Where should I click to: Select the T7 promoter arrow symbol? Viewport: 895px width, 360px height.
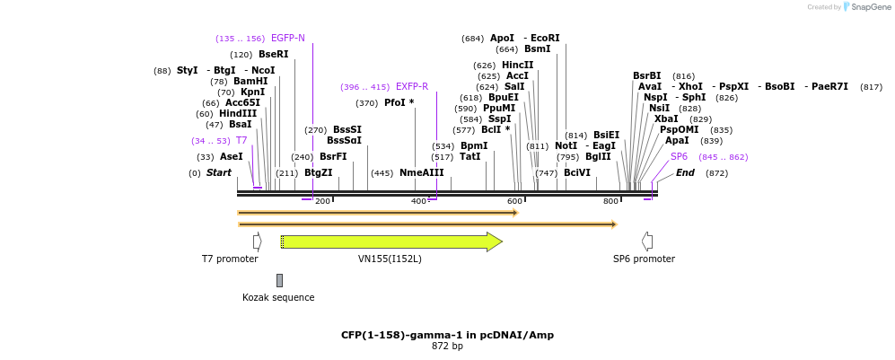click(x=257, y=241)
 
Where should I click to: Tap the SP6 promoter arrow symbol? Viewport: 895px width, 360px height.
click(x=646, y=241)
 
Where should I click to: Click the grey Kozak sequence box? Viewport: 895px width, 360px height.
click(x=279, y=280)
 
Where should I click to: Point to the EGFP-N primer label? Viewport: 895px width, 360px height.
click(x=287, y=39)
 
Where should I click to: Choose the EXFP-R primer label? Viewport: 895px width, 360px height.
click(x=412, y=87)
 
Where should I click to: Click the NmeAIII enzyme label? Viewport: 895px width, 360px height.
click(x=421, y=173)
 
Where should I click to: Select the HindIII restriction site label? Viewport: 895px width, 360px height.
click(x=238, y=114)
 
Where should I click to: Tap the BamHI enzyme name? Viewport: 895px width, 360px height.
click(x=250, y=82)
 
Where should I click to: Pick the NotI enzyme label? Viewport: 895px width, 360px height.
click(x=566, y=146)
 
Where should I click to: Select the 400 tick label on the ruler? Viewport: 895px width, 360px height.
click(x=418, y=201)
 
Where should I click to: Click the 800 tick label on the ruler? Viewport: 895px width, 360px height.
click(x=610, y=201)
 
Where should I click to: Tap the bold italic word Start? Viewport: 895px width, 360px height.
click(x=218, y=173)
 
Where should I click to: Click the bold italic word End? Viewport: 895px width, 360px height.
click(x=685, y=173)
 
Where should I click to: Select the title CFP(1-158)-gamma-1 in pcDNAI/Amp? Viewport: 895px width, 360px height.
click(x=447, y=335)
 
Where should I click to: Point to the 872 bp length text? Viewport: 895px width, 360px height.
click(x=447, y=347)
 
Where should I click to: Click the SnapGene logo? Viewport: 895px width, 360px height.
click(x=864, y=7)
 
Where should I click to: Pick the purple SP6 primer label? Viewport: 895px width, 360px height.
click(x=679, y=157)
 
